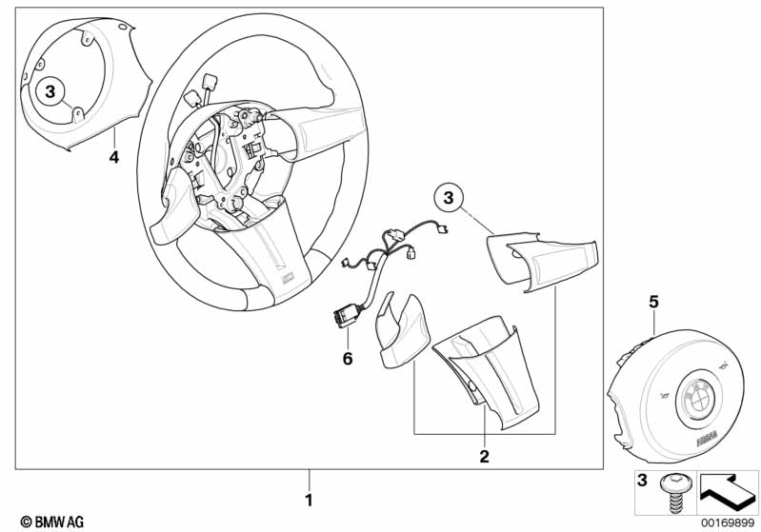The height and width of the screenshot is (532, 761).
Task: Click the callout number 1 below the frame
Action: tap(308, 499)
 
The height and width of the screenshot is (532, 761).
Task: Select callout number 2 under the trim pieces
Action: tap(484, 457)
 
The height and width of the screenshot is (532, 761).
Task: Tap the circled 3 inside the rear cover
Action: tap(51, 91)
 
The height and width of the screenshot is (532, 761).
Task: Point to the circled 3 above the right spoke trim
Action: tap(450, 198)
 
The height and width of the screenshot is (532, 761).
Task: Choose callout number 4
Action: tap(113, 157)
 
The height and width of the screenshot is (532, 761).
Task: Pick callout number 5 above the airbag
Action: tap(653, 302)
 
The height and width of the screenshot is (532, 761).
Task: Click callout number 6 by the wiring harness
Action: tap(348, 359)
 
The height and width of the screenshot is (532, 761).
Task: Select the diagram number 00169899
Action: tap(727, 522)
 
